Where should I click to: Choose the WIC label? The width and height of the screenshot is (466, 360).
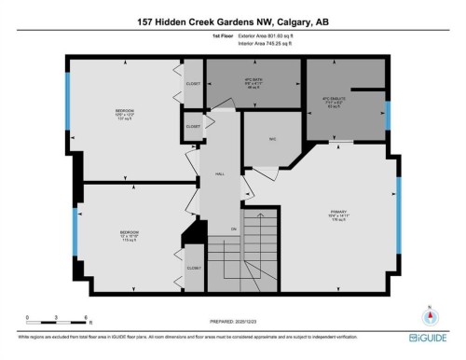point(273,140)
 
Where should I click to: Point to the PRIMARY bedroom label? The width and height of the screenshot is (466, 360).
point(338,215)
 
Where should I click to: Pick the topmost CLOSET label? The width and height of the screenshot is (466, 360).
point(193,83)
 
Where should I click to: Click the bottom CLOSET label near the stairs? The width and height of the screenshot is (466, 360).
point(193,268)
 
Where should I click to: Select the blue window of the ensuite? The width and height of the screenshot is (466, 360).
point(388,114)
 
